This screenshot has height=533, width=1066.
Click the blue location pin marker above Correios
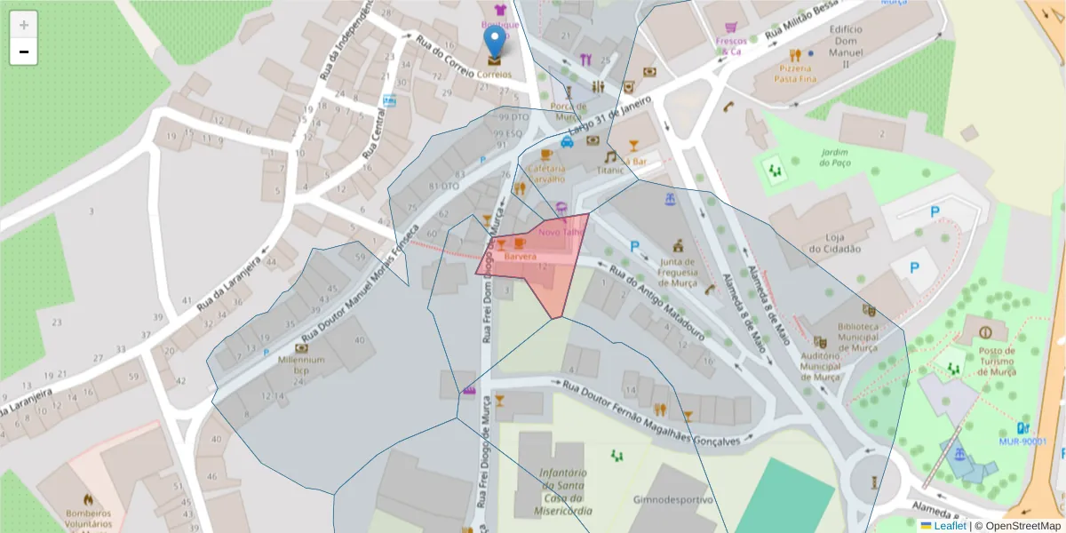tap(493, 43)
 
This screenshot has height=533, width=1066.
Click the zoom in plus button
tap(24, 25)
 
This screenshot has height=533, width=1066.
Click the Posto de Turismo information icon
tap(984, 332)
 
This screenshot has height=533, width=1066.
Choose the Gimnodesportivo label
tap(672, 499)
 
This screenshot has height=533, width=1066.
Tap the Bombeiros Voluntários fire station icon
tap(87, 500)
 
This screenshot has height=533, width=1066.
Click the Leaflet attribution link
tap(950, 526)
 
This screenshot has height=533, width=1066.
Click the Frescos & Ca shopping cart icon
tap(730, 28)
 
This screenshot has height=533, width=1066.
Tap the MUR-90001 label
tap(1022, 441)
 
